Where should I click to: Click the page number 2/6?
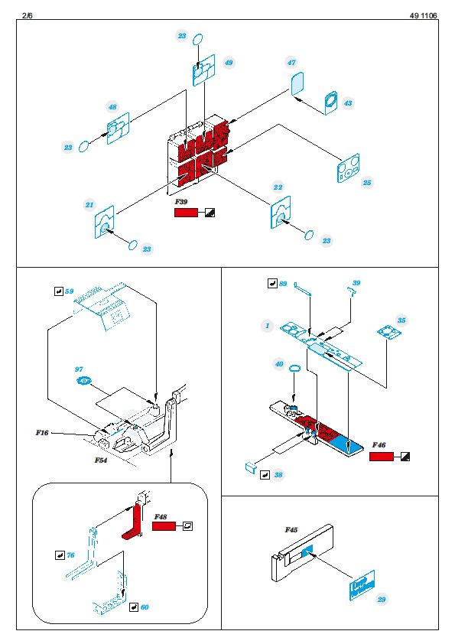27,15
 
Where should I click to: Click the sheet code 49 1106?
423,15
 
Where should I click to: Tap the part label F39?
180,202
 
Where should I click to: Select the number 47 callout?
291,63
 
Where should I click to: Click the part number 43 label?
348,102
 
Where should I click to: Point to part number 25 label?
367,182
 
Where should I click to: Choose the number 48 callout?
112,107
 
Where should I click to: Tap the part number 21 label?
89,204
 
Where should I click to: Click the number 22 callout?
278,187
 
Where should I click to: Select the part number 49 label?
229,63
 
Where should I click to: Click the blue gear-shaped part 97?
84,381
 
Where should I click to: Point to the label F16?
42,432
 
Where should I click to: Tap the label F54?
101,460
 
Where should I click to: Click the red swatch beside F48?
164,526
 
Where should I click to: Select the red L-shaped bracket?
134,522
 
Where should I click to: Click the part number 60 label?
145,607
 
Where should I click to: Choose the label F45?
291,530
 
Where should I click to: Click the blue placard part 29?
362,586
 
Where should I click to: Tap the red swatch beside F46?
382,457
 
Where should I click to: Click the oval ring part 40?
295,368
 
